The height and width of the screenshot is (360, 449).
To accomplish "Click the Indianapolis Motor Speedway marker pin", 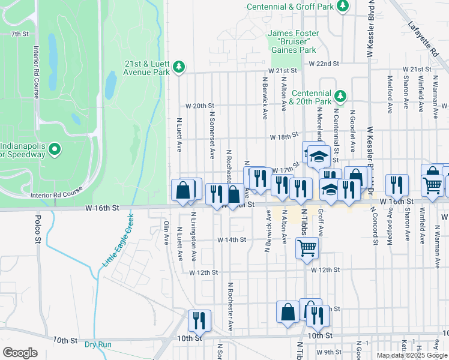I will [55, 149].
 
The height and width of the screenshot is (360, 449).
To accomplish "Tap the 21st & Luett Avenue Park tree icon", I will [178, 67].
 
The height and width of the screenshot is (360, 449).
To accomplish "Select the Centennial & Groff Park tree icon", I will [343, 7].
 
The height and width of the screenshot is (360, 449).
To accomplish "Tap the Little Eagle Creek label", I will [118, 242].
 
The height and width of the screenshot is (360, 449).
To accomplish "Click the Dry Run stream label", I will [98, 344].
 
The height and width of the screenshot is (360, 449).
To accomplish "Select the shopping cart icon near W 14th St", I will [307, 247].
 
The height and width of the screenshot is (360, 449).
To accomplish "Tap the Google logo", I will [20, 353].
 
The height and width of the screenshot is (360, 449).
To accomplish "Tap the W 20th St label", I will [200, 106].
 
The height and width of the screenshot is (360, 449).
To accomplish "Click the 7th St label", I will [20, 34].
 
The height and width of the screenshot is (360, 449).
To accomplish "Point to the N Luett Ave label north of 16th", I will [179, 134].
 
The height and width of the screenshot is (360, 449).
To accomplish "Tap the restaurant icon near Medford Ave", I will [397, 184].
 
